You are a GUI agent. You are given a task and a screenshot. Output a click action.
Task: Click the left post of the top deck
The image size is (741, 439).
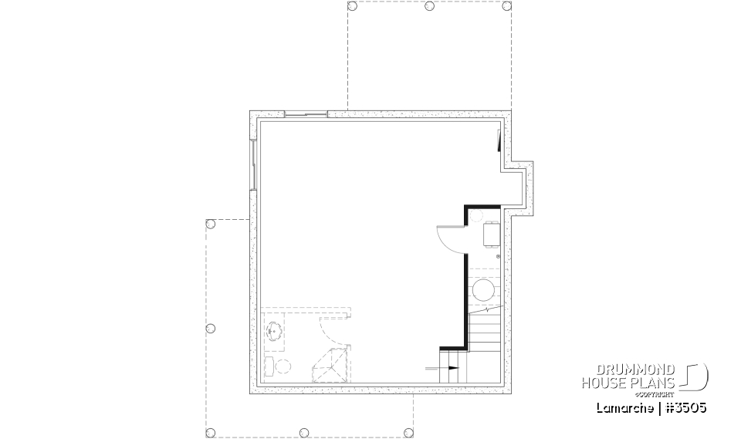352,5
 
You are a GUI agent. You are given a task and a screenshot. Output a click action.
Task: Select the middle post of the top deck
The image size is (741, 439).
429,5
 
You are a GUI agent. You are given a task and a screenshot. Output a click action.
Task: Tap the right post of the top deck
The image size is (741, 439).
506,5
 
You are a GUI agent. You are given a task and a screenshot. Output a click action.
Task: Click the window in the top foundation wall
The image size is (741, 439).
306,115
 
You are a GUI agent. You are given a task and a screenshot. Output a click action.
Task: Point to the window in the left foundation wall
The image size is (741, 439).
253,164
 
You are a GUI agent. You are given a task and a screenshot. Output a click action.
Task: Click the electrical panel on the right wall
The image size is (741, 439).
499,141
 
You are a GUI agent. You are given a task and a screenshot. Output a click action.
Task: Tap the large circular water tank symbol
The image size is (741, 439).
483,291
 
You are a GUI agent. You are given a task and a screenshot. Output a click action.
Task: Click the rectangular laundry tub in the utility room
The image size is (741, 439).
491,234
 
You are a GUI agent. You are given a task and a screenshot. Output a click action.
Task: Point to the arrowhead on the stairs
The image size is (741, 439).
453,368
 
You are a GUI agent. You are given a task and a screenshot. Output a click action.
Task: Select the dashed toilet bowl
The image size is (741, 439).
283,366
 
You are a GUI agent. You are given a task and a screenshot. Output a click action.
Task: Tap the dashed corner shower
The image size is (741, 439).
330,364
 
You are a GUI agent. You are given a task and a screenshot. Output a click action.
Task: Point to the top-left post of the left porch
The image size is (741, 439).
209,224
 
